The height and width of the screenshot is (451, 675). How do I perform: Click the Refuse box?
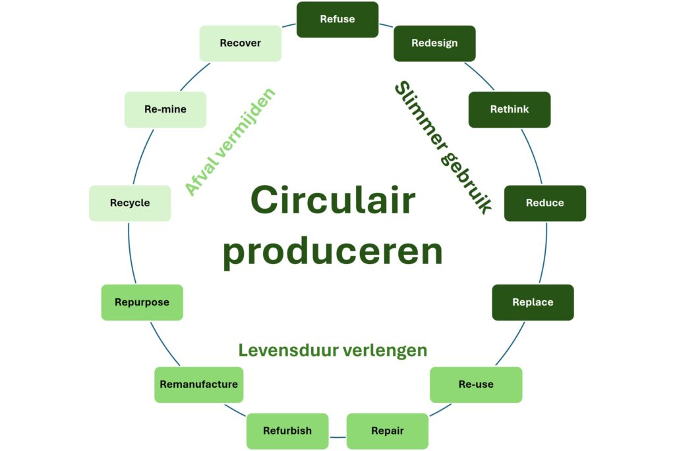pyautogui.click(x=337, y=20)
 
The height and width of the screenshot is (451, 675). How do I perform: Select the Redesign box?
pyautogui.click(x=434, y=43)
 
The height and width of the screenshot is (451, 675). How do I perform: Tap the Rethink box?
pyautogui.click(x=510, y=109)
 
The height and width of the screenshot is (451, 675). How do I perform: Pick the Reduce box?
pyautogui.click(x=545, y=203)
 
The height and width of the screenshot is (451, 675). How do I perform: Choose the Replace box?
pyautogui.click(x=533, y=303)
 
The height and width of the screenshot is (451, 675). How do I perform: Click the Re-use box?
pyautogui.click(x=476, y=385)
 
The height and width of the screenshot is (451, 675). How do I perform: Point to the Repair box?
pyautogui.click(x=388, y=431)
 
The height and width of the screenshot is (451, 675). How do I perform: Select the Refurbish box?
pyautogui.click(x=287, y=431)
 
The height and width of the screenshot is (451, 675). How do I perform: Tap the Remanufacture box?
pyautogui.click(x=198, y=385)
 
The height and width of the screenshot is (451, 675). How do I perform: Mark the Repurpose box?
pyautogui.click(x=142, y=303)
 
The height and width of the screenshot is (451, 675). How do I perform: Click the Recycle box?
pyautogui.click(x=130, y=203)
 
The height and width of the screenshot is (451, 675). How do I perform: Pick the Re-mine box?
pyautogui.click(x=165, y=109)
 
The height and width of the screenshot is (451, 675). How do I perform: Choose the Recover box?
pyautogui.click(x=241, y=43)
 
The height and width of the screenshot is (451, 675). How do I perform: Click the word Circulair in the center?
pyautogui.click(x=333, y=200)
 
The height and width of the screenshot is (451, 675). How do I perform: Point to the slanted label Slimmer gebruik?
pyautogui.click(x=443, y=147)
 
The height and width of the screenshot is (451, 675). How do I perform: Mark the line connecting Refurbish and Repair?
pyautogui.click(x=337, y=437)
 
